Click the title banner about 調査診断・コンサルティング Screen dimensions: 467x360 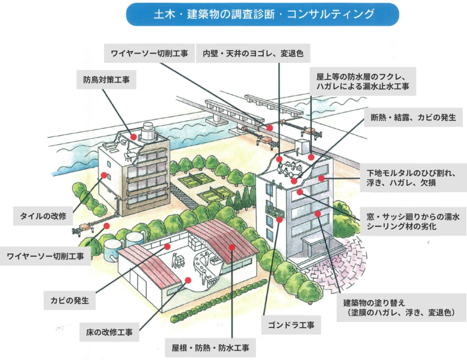[262, 14]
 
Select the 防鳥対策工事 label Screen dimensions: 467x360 [106, 79]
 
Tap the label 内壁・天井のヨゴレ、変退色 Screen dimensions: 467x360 [253, 53]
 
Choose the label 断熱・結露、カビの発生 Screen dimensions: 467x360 [413, 117]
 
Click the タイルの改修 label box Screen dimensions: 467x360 [43, 216]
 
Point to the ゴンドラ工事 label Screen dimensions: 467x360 [291, 325]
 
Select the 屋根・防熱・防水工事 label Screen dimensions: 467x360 [210, 348]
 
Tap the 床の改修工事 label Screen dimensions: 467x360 [109, 332]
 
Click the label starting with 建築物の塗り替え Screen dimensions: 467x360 [399, 308]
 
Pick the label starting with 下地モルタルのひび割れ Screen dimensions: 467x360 [413, 177]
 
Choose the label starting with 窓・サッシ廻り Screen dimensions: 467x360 [413, 221]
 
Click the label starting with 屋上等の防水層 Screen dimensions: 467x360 [363, 81]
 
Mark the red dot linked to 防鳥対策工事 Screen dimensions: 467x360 [134, 137]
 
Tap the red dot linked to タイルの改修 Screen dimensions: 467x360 [104, 175]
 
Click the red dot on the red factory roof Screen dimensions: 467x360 [232, 247]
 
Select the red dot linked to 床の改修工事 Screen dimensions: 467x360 [188, 280]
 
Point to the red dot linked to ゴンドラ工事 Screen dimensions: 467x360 [280, 220]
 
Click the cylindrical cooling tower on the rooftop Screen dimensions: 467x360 [148, 132]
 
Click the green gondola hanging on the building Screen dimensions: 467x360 [274, 211]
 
